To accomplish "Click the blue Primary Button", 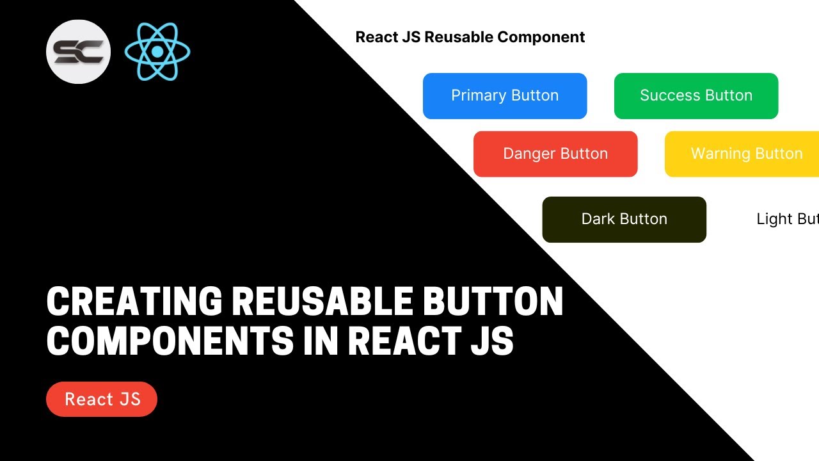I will pyautogui.click(x=505, y=96).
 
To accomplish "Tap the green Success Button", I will pyautogui.click(x=696, y=96).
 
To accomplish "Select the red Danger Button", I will pyautogui.click(x=555, y=154).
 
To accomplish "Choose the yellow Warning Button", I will pyautogui.click(x=742, y=154).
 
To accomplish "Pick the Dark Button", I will pyautogui.click(x=624, y=220).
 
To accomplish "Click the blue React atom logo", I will pyautogui.click(x=157, y=51).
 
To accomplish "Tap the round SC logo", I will pyautogui.click(x=78, y=51).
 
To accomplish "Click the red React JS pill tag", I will pyautogui.click(x=102, y=399).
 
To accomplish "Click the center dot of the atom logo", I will pyautogui.click(x=157, y=51).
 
